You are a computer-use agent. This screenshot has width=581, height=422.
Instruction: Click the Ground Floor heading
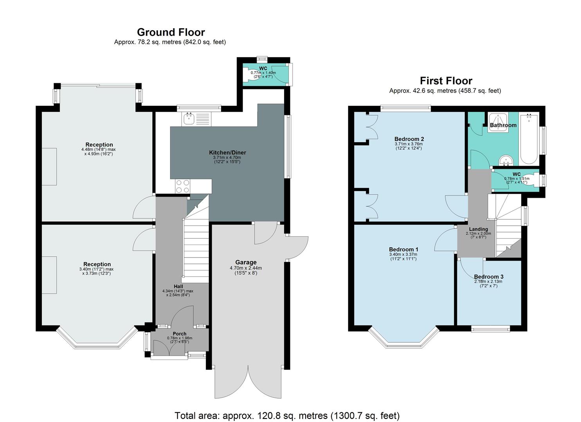(x=171, y=32)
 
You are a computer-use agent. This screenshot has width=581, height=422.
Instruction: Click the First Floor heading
(x=446, y=81)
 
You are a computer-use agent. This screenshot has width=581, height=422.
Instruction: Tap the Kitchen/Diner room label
(x=227, y=152)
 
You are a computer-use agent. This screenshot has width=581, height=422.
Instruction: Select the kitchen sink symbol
(x=189, y=118)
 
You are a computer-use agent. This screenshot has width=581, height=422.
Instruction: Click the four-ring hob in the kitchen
(x=182, y=186)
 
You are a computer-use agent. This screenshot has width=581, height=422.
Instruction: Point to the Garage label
(x=246, y=262)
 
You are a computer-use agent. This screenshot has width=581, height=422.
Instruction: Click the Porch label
(x=180, y=334)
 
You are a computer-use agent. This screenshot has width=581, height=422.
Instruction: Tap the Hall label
(x=178, y=286)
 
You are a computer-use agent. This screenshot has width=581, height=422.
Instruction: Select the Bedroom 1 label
(x=403, y=249)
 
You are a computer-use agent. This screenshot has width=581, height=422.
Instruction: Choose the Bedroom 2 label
(x=409, y=139)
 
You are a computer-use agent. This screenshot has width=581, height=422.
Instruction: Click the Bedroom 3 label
(x=488, y=277)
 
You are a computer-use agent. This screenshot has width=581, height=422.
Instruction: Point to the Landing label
(x=478, y=229)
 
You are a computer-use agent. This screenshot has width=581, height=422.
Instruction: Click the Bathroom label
(x=503, y=125)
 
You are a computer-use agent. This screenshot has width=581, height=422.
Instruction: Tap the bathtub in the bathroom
(x=529, y=139)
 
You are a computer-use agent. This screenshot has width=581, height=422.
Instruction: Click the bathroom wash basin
(x=507, y=160)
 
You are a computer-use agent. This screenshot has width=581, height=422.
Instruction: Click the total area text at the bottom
(x=287, y=415)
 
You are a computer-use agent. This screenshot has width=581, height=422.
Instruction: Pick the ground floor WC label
(x=263, y=68)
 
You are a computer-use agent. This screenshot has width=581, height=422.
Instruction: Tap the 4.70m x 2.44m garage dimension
(x=246, y=268)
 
